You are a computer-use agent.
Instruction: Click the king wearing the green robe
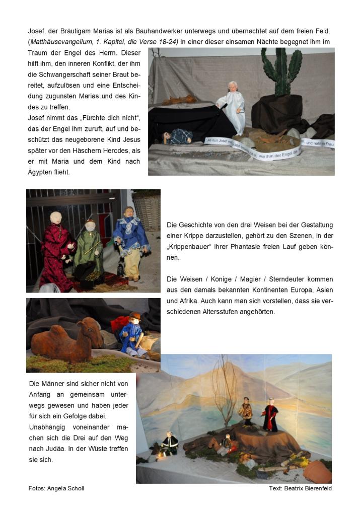click(x=89, y=249)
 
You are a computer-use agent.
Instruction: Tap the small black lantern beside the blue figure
click(x=121, y=270)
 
